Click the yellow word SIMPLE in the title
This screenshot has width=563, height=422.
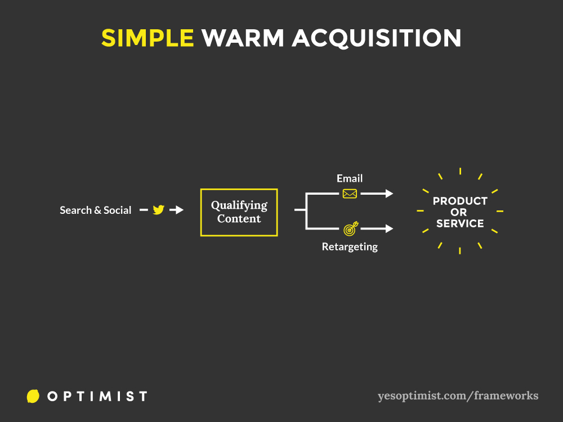pyautogui.click(x=148, y=38)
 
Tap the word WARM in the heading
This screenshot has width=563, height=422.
pyautogui.click(x=243, y=38)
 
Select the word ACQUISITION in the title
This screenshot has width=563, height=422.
pyautogui.click(x=377, y=38)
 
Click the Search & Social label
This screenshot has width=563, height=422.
pyautogui.click(x=96, y=210)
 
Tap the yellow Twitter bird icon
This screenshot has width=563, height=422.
pyautogui.click(x=158, y=209)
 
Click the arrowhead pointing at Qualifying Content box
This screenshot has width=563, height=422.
pyautogui.click(x=179, y=209)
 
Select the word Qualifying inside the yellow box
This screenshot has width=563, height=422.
pyautogui.click(x=239, y=205)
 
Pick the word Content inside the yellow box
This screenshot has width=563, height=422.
pyautogui.click(x=239, y=218)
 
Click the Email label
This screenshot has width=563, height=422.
pyautogui.click(x=350, y=178)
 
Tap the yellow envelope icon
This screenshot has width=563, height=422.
pyautogui.click(x=350, y=194)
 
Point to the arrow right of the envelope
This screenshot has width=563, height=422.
pyautogui.click(x=377, y=194)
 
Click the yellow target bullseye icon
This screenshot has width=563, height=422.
pyautogui.click(x=350, y=228)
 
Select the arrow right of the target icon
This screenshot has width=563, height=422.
pyautogui.click(x=377, y=228)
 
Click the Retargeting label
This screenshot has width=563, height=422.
pyautogui.click(x=350, y=247)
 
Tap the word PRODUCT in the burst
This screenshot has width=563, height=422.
pyautogui.click(x=460, y=201)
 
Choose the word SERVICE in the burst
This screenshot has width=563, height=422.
pyautogui.click(x=460, y=223)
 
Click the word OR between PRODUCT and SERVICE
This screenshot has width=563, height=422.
pyautogui.click(x=459, y=213)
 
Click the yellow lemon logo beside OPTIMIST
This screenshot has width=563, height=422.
pyautogui.click(x=33, y=396)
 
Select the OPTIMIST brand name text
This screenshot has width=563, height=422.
pyautogui.click(x=97, y=397)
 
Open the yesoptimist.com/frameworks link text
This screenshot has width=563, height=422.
pyautogui.click(x=458, y=396)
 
